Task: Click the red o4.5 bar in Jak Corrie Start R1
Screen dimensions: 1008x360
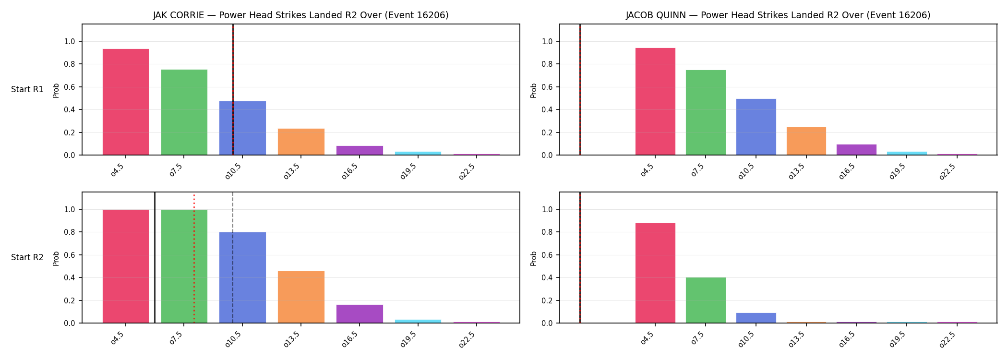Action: tap(126, 102)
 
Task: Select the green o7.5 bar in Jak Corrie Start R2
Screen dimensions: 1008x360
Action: tap(184, 266)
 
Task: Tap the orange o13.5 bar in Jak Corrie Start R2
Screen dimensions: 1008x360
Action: tap(301, 297)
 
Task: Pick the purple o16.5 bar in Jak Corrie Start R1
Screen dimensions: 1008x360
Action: tap(360, 150)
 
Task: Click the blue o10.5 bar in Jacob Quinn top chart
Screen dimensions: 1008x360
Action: tap(756, 127)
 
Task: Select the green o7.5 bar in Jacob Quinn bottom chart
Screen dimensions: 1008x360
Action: tap(706, 300)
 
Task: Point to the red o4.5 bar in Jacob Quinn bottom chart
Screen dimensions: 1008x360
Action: tap(655, 273)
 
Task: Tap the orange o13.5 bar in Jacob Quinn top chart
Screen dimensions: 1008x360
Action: tap(806, 141)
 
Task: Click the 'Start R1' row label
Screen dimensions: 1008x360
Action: tap(27, 90)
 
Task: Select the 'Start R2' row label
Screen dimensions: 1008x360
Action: tap(27, 258)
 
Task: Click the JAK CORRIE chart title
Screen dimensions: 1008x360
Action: tap(301, 15)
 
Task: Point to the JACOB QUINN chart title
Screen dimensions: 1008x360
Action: tap(778, 15)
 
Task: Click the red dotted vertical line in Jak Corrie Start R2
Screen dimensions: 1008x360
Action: tap(194, 258)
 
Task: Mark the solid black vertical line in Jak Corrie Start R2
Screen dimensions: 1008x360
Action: tap(155, 257)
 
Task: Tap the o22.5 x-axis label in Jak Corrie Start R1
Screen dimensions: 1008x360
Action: tap(467, 171)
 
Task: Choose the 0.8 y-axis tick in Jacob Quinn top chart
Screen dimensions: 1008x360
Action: tap(547, 64)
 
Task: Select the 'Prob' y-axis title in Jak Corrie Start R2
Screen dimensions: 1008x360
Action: tap(56, 258)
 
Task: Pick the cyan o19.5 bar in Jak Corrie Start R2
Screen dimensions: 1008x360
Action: tap(418, 321)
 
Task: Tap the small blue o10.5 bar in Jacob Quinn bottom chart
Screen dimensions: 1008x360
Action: tap(756, 318)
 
